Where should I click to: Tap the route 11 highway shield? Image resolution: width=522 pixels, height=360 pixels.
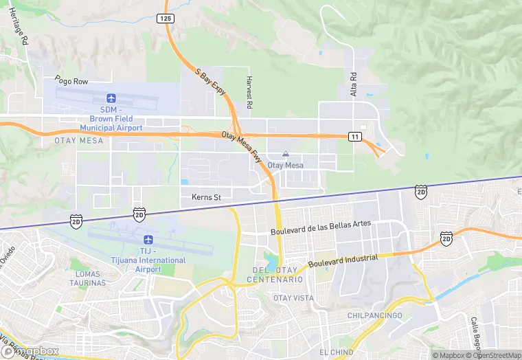click(x=354, y=137)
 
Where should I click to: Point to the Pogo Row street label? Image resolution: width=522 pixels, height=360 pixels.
click(x=72, y=81)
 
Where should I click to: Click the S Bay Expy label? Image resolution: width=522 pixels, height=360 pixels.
click(x=210, y=82)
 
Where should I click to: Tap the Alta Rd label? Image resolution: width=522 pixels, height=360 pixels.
click(x=354, y=83)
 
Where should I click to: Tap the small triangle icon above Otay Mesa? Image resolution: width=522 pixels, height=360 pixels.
click(x=286, y=155)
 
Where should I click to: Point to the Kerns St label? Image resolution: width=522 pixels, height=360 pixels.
click(x=206, y=198)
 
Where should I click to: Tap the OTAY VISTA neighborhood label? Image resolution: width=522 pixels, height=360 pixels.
click(x=293, y=298)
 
